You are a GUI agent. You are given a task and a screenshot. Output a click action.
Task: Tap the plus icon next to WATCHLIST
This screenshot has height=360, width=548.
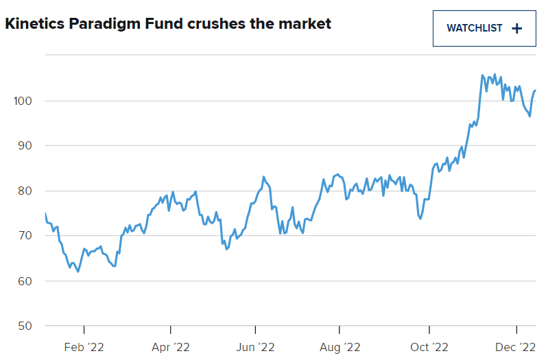(x=517, y=28)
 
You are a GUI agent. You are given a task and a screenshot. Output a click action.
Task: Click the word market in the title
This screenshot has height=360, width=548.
(x=305, y=24)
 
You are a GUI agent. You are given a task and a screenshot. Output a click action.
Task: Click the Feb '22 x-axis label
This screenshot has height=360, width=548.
(x=84, y=347)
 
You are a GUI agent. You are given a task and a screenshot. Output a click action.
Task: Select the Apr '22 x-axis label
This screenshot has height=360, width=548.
(x=169, y=347)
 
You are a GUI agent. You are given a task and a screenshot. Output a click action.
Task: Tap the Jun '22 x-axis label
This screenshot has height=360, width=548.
(x=255, y=347)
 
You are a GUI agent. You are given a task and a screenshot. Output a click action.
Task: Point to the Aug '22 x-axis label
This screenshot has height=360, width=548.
(x=340, y=347)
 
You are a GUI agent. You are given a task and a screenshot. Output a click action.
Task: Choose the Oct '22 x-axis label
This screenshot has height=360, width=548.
(x=429, y=347)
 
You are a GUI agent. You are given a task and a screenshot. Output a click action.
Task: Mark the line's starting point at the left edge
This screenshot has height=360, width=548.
(x=45, y=214)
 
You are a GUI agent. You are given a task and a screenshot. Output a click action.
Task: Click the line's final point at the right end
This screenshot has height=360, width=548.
(x=535, y=91)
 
